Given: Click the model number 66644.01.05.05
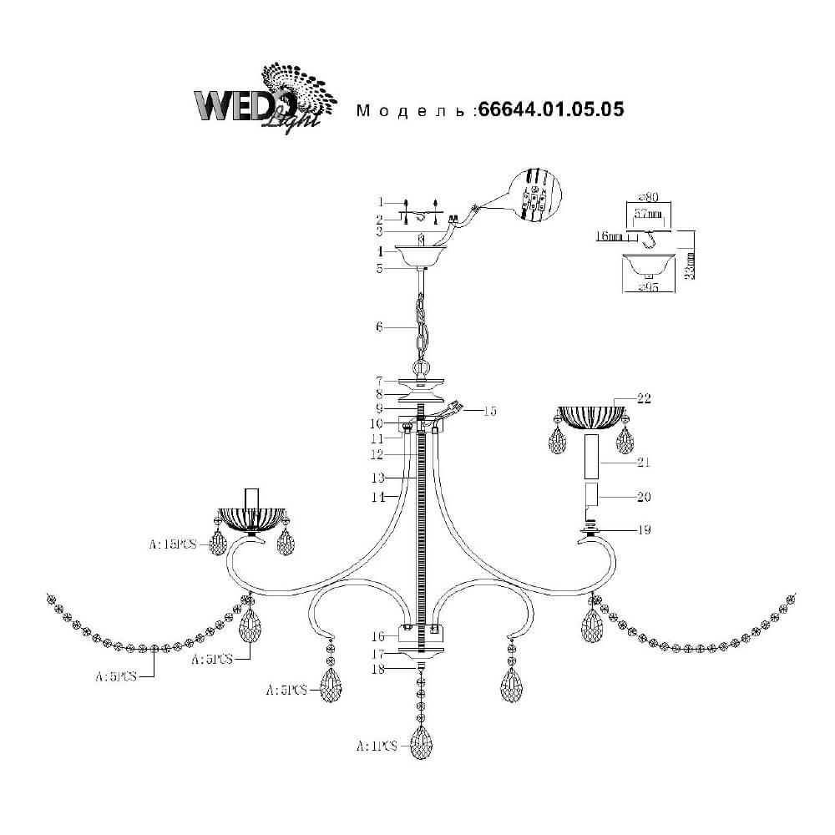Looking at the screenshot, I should pos(550,109).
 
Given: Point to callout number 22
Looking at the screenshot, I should pos(644,398).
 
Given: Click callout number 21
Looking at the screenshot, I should pos(644,463).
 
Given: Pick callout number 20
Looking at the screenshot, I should pos(644,497).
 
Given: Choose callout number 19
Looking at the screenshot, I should pos(644,529).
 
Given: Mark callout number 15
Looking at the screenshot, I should pos(490,411).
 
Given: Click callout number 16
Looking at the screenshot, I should pos(378,636).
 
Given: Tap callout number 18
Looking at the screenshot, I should pos(378,669).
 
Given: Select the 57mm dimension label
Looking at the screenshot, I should pos(649,214).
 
